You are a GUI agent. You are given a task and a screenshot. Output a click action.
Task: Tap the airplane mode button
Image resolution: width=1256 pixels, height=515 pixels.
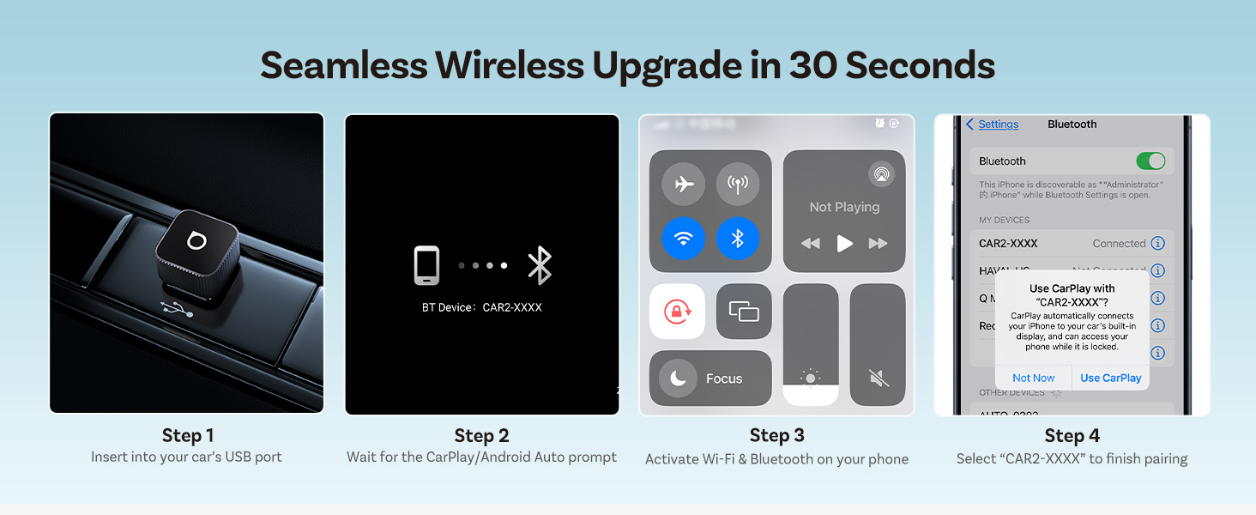[x=684, y=184]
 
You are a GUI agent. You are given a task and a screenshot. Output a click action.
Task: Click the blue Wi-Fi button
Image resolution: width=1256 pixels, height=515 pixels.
[x=684, y=239]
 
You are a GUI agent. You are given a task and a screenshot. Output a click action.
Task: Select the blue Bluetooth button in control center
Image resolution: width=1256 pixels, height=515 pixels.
[x=738, y=239]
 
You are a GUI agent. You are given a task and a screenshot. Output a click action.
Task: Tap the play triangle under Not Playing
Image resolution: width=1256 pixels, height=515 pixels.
[x=845, y=244]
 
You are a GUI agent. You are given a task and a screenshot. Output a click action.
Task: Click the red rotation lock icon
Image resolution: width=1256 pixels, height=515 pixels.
[x=677, y=312]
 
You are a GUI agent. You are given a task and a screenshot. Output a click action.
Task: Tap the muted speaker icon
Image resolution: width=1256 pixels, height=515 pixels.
[x=877, y=378]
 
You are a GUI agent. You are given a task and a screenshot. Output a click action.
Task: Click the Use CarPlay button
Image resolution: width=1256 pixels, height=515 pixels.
[x=1110, y=378]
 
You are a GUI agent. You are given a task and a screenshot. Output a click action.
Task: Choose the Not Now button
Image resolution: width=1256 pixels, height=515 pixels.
[x=1033, y=378]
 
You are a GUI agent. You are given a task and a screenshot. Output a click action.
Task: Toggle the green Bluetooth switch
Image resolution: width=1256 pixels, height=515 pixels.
[x=1150, y=161]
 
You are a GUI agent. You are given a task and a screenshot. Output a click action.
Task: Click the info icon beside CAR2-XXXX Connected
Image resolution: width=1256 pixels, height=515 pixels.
[x=1157, y=244]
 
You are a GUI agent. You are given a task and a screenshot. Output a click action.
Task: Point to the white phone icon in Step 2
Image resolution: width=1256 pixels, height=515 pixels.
[x=426, y=265]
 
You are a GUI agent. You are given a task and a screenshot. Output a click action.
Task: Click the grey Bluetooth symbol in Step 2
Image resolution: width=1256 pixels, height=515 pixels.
[x=540, y=265]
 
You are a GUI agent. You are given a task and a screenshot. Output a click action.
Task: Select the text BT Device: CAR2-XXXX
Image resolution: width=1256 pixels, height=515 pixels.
[x=481, y=307]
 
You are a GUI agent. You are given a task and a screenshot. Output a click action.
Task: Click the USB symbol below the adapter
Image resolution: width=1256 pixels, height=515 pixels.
[x=177, y=310]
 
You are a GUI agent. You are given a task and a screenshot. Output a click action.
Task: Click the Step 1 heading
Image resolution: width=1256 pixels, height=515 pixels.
[x=187, y=435]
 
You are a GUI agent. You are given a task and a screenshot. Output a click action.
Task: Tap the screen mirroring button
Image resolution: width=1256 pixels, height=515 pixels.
[x=744, y=312]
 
